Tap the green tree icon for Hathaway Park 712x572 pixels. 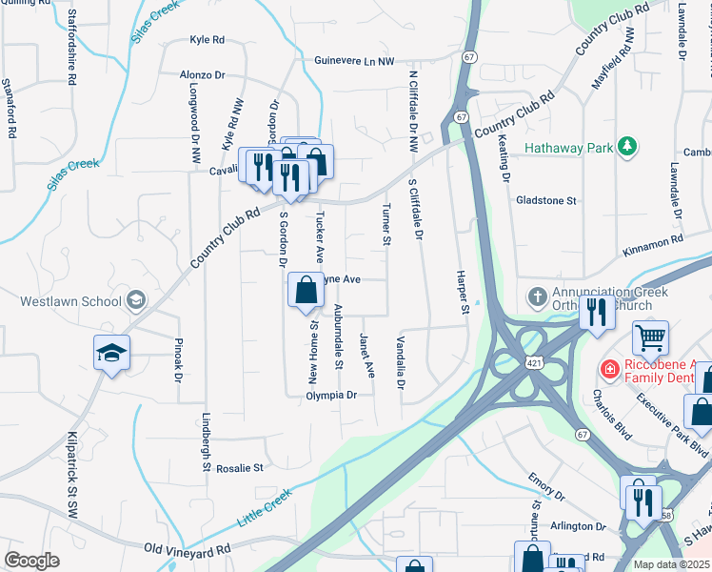pos(626,146)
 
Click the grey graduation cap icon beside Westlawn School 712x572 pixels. pos(137,301)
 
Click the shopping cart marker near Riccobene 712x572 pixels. pos(651,337)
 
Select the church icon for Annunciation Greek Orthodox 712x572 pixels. pos(538,296)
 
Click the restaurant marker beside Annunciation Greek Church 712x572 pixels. pos(597,312)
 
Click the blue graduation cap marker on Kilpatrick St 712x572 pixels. pos(111,352)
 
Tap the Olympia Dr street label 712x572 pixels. pos(331,395)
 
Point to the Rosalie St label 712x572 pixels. pos(239,468)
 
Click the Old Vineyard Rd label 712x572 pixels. pos(187,549)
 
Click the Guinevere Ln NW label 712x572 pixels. pos(354,60)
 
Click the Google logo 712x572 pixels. pos(31,561)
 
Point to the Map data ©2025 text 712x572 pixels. pos(671,564)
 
